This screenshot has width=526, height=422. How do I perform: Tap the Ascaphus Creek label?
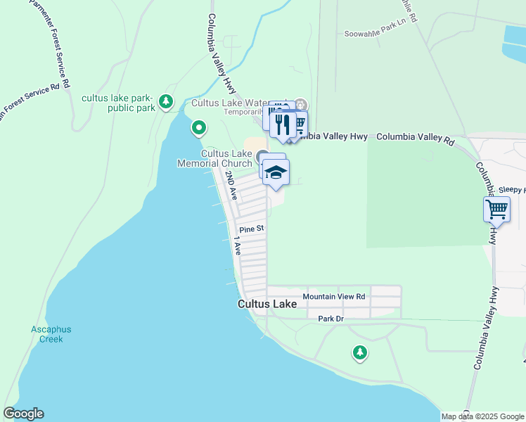(x=51, y=334)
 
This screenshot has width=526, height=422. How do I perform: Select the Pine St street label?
(x=251, y=229)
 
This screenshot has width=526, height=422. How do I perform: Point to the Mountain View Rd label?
(x=334, y=297)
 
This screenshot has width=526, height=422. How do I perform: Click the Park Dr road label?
(x=330, y=319)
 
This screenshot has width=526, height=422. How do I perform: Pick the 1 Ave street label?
(x=237, y=245)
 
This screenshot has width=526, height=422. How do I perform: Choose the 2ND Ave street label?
(x=231, y=185)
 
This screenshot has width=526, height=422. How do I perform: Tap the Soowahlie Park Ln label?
(x=376, y=34)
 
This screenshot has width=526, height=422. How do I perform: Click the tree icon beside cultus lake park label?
(x=166, y=102)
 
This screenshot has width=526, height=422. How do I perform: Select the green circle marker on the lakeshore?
(x=199, y=128)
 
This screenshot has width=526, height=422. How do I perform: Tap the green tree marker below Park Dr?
(x=360, y=352)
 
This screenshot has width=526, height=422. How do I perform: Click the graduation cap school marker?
(x=276, y=172)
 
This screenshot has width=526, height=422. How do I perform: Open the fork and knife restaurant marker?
(x=283, y=124)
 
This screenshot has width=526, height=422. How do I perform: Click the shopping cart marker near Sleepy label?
(x=496, y=209)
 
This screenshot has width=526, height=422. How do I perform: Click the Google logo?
(x=23, y=414)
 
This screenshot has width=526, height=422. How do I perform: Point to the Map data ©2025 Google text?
(x=482, y=416)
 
